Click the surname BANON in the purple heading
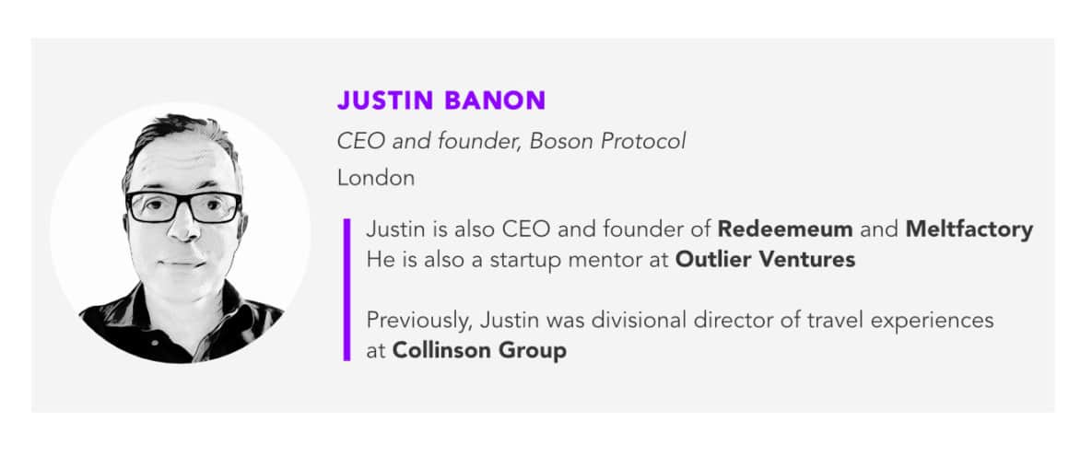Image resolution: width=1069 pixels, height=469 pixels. click(x=494, y=100)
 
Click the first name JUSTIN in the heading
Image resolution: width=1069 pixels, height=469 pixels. click(x=385, y=100)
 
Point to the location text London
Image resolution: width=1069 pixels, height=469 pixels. click(x=376, y=178)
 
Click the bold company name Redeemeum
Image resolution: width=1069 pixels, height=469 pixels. click(x=785, y=229)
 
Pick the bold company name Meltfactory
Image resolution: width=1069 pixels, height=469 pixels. click(x=969, y=229)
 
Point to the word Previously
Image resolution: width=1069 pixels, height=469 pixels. click(x=421, y=321)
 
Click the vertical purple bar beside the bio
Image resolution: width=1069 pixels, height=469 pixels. click(x=347, y=289)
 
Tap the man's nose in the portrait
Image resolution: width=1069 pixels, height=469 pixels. click(x=182, y=227)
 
